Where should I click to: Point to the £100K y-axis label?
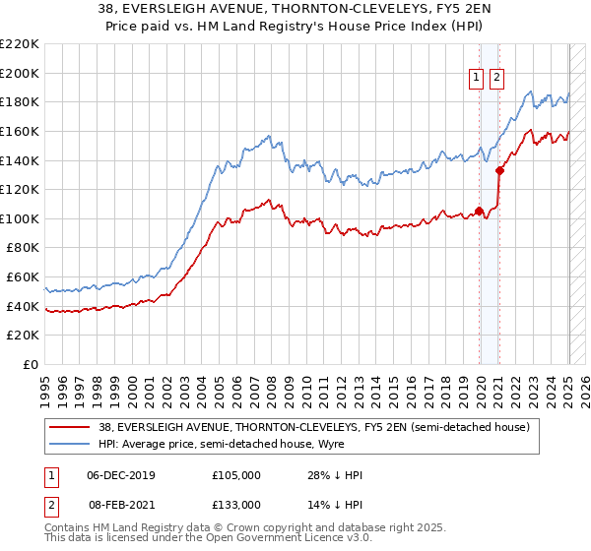(x=20, y=218)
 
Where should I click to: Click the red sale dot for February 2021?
(x=499, y=170)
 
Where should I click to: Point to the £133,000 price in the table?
(x=235, y=504)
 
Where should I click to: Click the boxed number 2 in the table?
(x=50, y=504)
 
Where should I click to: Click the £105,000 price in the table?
(x=235, y=476)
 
